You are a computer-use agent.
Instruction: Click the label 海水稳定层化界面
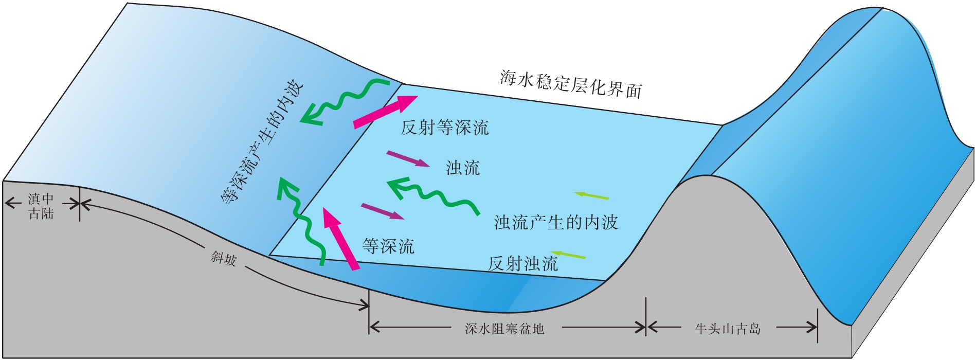pyautogui.click(x=571, y=84)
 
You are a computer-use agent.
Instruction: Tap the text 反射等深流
pyautogui.click(x=445, y=128)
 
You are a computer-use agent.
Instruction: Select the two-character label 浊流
pyautogui.click(x=463, y=168)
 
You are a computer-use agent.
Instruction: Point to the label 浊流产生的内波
pyautogui.click(x=556, y=222)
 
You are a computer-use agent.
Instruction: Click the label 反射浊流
pyautogui.click(x=522, y=264)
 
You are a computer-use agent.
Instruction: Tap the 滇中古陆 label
pyautogui.click(x=41, y=206)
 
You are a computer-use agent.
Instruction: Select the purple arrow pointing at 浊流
pyautogui.click(x=408, y=159)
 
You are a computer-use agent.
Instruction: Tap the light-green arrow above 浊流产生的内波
pyautogui.click(x=591, y=195)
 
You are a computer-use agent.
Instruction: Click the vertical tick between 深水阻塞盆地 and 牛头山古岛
pyautogui.click(x=646, y=316)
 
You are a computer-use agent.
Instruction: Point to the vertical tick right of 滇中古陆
pyautogui.click(x=80, y=204)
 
